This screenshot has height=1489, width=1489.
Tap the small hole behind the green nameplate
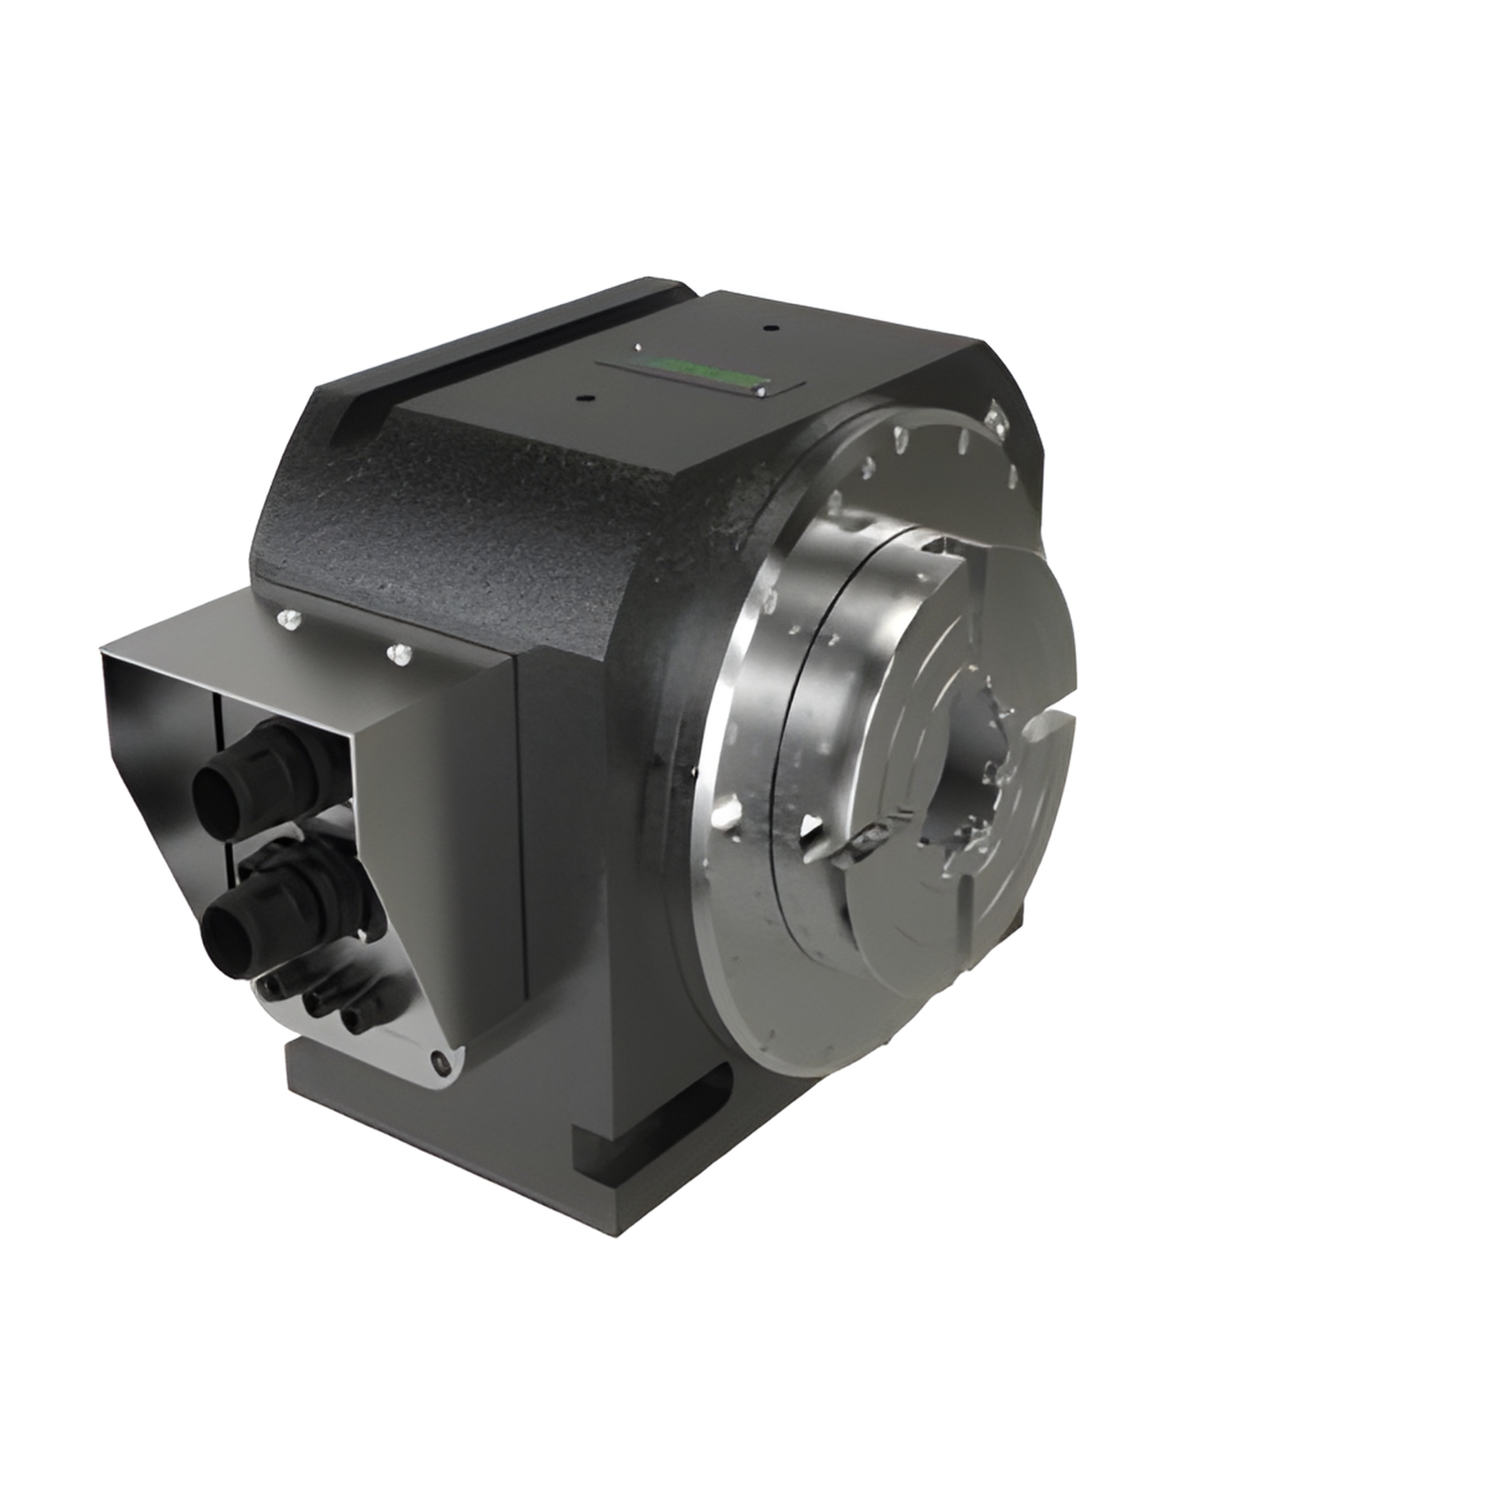pyautogui.click(x=768, y=327)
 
